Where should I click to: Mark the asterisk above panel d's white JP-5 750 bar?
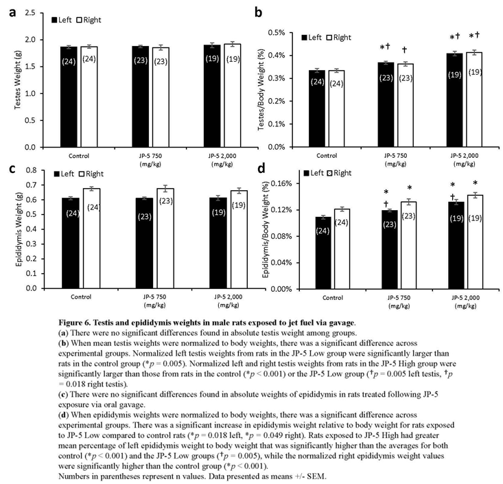[410, 189]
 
